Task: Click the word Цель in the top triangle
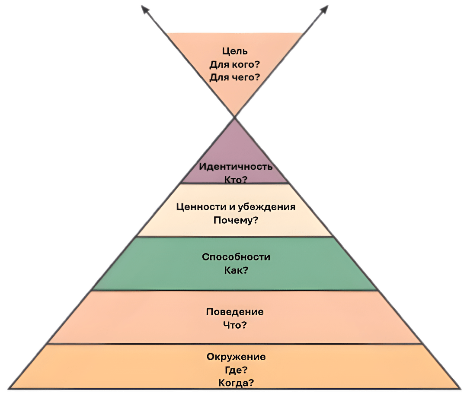coord(235,51)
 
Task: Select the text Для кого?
coord(235,65)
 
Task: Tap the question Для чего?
coord(235,78)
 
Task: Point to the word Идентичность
coord(236,167)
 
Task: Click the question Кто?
coord(236,179)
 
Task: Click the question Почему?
coord(236,220)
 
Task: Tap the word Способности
coord(236,257)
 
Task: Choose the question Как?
coord(236,270)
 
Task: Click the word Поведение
coord(235,312)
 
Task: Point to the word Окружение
coord(236,357)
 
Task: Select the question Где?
coord(236,370)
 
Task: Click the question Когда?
coord(236,383)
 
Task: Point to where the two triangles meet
coord(234,117)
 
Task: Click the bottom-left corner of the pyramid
coord(11,388)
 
